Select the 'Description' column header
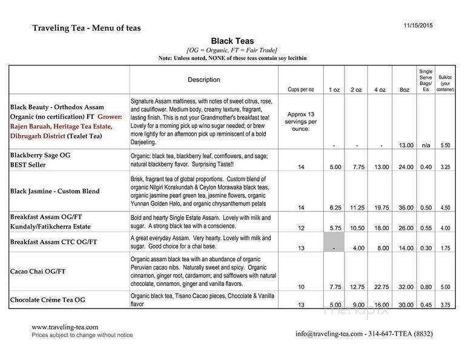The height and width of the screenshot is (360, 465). (x=204, y=79)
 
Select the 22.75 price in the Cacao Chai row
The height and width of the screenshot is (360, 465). (x=379, y=286)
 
